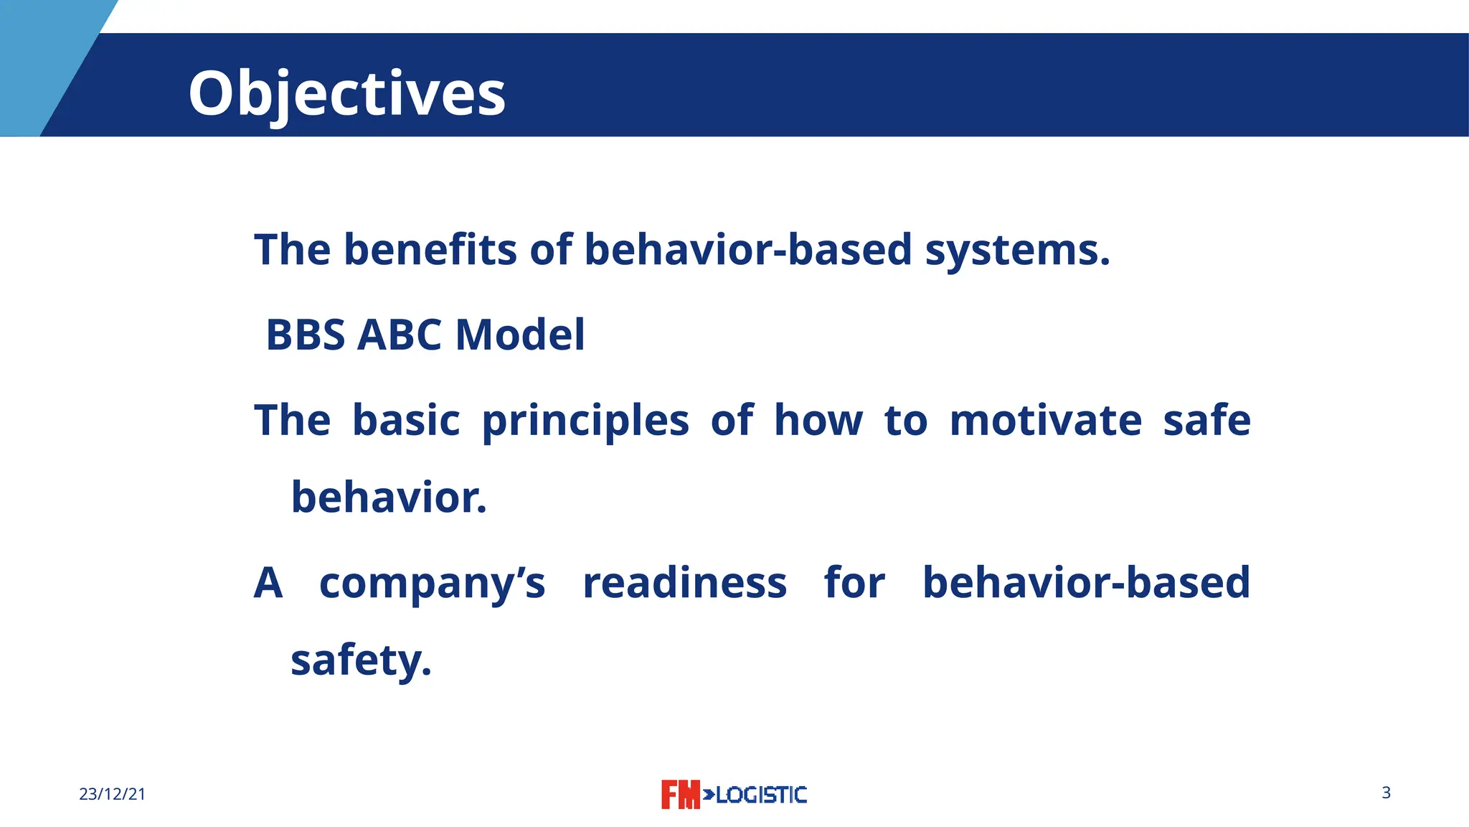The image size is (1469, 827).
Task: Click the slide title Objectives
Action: [346, 93]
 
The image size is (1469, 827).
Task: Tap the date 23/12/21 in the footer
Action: [112, 794]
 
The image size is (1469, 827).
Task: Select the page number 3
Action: [1386, 793]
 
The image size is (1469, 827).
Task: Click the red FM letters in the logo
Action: [679, 795]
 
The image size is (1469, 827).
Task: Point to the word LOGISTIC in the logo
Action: [761, 795]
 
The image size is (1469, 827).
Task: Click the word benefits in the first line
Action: [430, 250]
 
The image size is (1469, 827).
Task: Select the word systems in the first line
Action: [1016, 250]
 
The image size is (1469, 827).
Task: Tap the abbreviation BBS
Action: [306, 335]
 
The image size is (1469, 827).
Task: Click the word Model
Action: [520, 335]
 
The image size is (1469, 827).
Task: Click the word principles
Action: [585, 421]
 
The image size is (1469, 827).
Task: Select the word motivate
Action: [1045, 421]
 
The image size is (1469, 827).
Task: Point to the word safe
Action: [1206, 421]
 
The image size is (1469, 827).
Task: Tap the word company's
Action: [432, 583]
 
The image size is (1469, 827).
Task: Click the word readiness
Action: [684, 583]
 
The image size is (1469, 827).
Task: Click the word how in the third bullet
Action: [818, 421]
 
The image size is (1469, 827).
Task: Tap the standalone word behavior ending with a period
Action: [389, 497]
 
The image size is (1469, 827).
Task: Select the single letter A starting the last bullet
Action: [268, 583]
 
